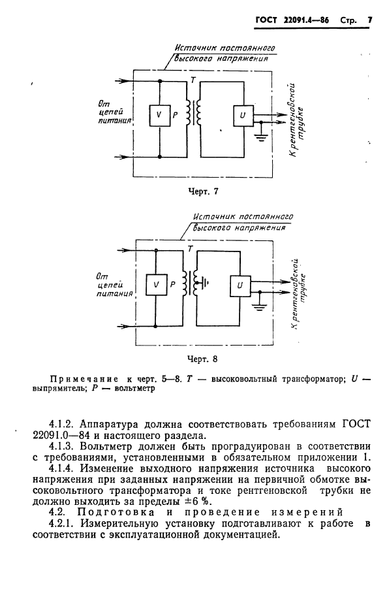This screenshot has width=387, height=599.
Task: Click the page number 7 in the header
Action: [x=369, y=20]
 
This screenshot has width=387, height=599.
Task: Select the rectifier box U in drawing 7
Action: [x=243, y=115]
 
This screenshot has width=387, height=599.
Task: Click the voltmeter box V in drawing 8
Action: [x=155, y=285]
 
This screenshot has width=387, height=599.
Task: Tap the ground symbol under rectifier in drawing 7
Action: [x=262, y=138]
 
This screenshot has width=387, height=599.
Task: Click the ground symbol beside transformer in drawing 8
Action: [x=206, y=283]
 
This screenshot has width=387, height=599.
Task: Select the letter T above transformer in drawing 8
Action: [x=190, y=249]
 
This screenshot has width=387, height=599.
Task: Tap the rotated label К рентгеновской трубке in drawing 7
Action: [x=297, y=120]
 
